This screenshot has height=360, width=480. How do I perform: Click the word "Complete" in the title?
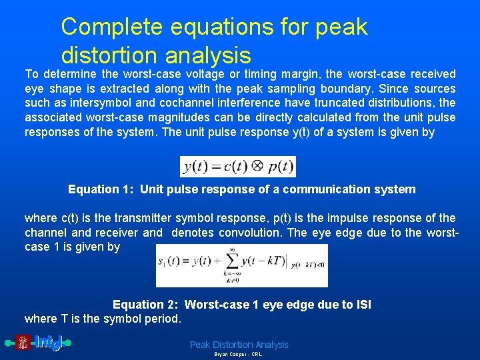coord(110,27)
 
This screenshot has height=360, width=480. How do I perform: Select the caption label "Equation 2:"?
coord(147,305)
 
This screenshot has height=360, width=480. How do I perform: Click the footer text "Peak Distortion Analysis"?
coord(239,345)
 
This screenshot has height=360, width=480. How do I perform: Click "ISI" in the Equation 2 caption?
coord(361,305)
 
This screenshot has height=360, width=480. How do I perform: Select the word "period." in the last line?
coord(161,319)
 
